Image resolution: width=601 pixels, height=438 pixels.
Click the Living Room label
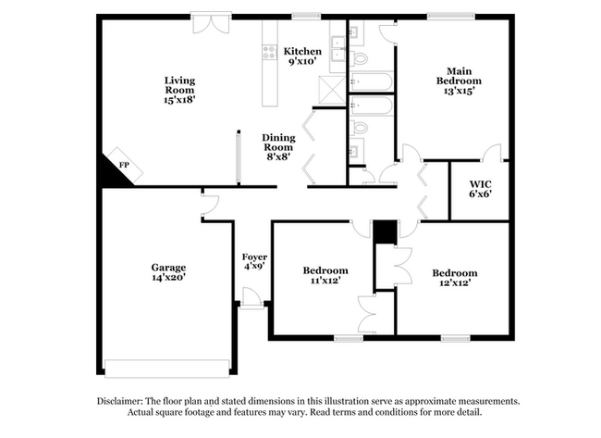coord(179,86)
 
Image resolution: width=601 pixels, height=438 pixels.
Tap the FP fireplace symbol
coord(122,165)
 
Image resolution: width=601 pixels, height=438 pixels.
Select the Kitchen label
coord(302,51)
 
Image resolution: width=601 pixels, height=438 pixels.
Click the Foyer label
coord(254,257)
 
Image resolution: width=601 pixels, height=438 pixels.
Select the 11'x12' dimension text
coord(325,282)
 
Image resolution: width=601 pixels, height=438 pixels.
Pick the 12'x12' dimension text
coord(455,283)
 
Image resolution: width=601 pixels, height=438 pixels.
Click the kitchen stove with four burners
coord(270,52)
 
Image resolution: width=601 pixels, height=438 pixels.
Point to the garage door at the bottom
coord(167,369)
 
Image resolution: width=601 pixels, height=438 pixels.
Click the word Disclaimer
coord(125,401)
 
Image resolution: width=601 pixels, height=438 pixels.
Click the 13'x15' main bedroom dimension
coord(460,91)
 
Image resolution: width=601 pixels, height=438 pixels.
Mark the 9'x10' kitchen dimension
coord(301,61)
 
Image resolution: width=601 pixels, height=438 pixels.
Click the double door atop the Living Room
coord(211,20)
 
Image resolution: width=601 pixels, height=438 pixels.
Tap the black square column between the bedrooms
coord(385,231)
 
